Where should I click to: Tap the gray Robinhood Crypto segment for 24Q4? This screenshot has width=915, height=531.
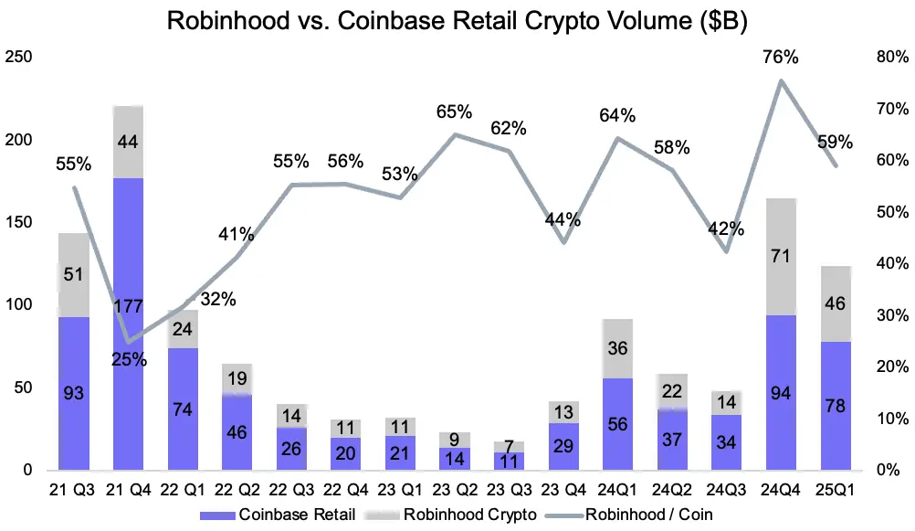tap(781, 257)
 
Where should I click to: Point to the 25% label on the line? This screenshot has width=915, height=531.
tap(129, 359)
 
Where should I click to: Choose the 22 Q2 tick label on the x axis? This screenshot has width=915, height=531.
tap(237, 491)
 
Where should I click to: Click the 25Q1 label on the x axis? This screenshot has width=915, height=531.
tap(836, 491)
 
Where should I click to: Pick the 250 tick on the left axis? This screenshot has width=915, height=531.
tap(19, 58)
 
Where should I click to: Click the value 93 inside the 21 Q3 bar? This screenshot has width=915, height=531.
tap(73, 394)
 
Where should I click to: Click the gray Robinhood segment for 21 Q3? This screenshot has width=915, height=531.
tap(73, 275)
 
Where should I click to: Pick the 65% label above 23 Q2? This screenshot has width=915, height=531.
tap(455, 112)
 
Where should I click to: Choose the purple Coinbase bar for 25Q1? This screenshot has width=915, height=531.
tap(836, 407)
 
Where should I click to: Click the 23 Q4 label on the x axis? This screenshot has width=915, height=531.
tap(563, 491)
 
